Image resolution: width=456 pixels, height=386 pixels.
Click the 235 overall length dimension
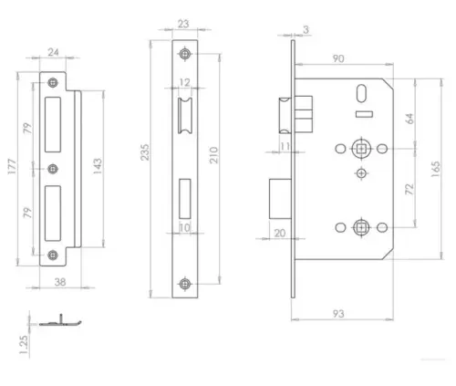coord(147,166)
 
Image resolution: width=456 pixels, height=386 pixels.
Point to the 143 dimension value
coord(94,165)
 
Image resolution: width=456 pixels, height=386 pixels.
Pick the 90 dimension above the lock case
coord(337,60)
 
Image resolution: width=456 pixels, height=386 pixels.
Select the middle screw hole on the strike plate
coord(52,168)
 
